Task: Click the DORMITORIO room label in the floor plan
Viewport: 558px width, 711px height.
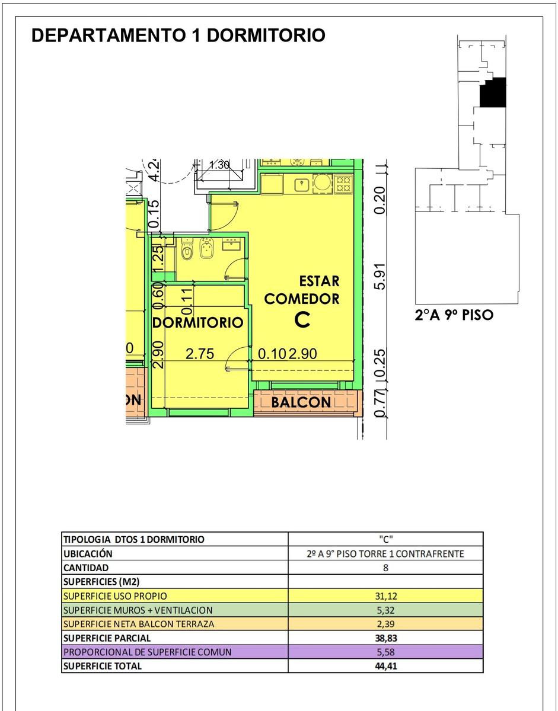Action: pos(198,323)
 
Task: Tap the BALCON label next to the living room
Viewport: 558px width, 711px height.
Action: pos(301,402)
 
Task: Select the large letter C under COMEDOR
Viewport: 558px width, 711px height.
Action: pos(302,320)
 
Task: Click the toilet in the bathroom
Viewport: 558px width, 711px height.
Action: pos(187,249)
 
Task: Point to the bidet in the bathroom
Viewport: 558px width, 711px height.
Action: pos(206,248)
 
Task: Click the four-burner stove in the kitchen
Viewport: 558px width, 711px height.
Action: pos(343,184)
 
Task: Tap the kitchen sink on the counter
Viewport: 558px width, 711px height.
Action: pos(301,185)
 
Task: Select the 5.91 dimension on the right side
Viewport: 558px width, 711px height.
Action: pos(380,277)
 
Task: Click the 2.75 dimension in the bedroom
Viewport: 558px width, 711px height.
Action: pos(200,354)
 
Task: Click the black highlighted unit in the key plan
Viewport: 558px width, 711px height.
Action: pos(493,92)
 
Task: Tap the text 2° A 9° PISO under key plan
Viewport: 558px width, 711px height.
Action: pos(454,315)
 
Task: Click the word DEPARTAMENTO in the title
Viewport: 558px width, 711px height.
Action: pos(109,35)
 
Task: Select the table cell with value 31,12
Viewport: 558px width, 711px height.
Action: pos(386,596)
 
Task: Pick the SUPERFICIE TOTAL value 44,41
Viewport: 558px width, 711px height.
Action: pos(386,666)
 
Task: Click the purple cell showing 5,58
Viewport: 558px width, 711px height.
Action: pos(386,652)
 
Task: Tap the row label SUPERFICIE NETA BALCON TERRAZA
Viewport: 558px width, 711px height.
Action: pos(139,624)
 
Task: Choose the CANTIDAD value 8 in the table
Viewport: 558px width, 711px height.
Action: pos(386,568)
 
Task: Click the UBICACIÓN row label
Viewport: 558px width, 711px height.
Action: pos(88,553)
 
